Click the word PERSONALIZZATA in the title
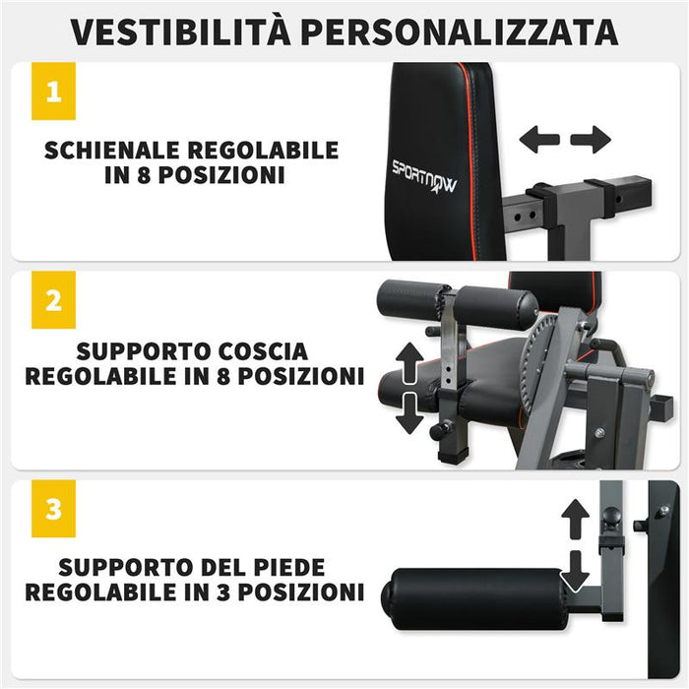point(461,31)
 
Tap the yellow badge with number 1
point(53,92)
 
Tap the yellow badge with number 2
point(53,299)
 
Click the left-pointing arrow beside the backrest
point(539,140)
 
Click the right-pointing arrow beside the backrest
point(591,140)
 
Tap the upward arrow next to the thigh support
point(409,361)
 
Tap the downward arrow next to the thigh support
point(409,414)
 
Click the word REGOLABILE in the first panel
point(263,151)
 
